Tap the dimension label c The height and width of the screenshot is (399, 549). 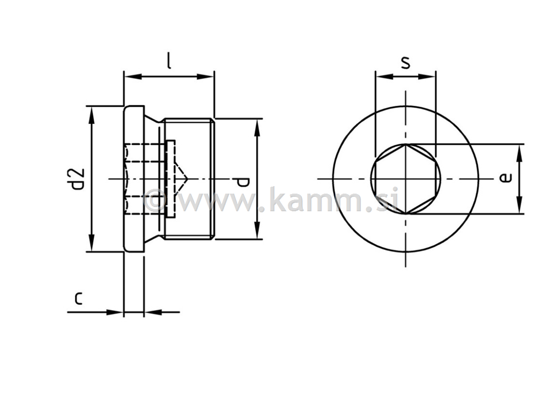(78, 298)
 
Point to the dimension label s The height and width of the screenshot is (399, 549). (406, 63)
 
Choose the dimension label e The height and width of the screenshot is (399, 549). (505, 178)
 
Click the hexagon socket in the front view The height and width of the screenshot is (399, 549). (406, 178)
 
